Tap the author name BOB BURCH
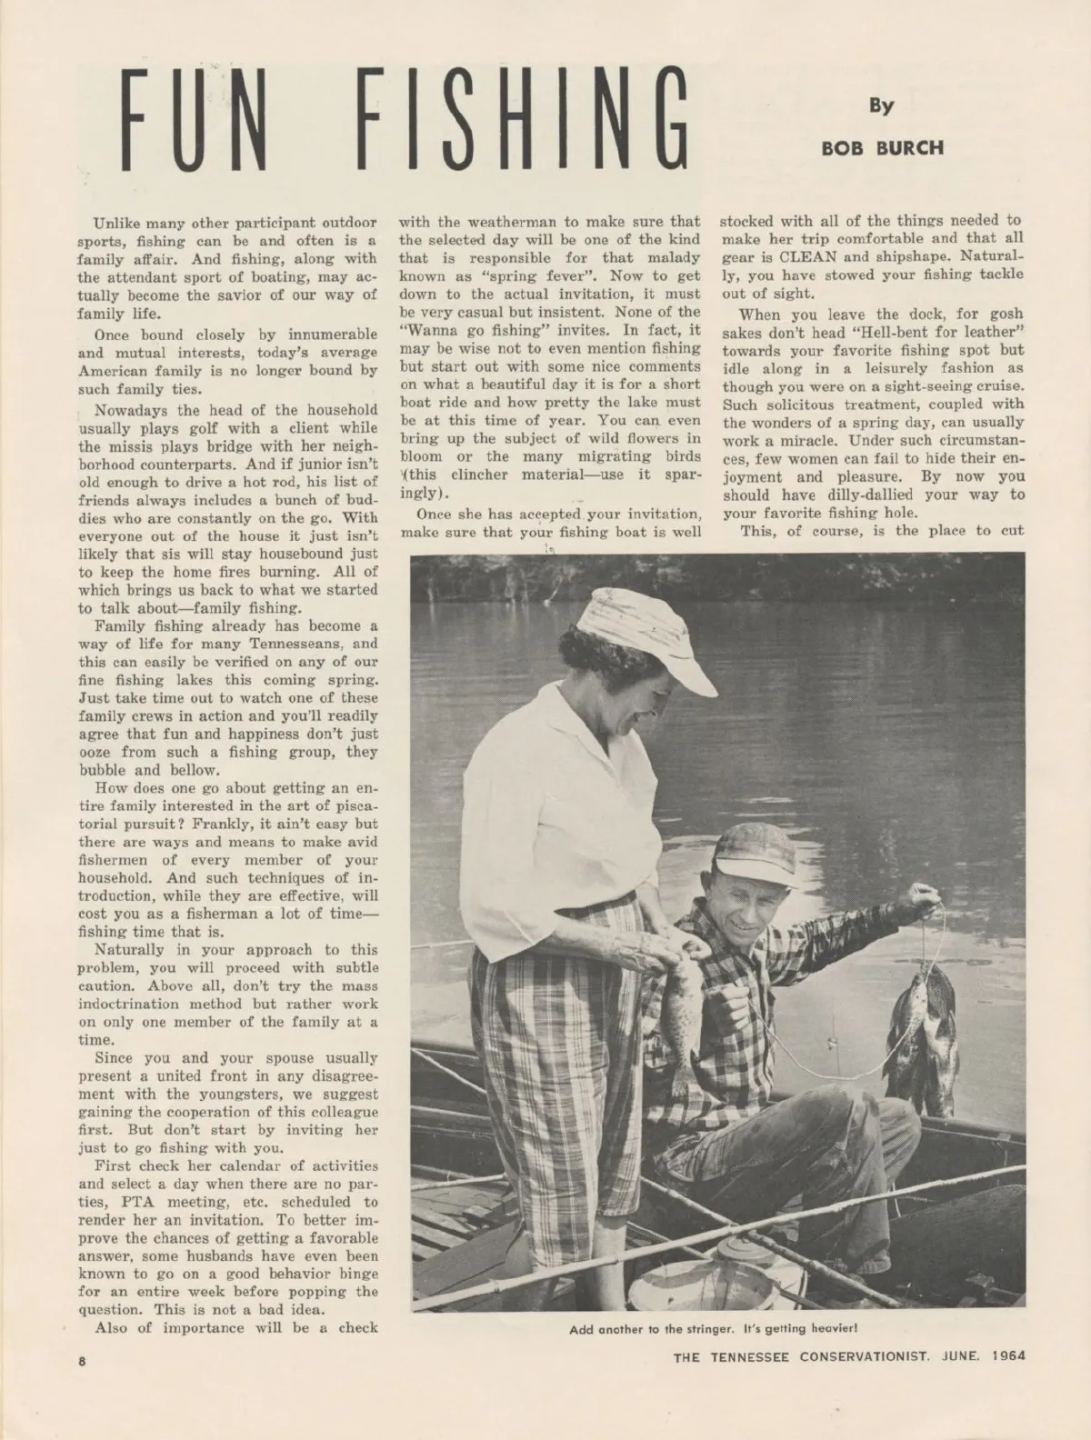click(882, 147)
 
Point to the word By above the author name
click(881, 105)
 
